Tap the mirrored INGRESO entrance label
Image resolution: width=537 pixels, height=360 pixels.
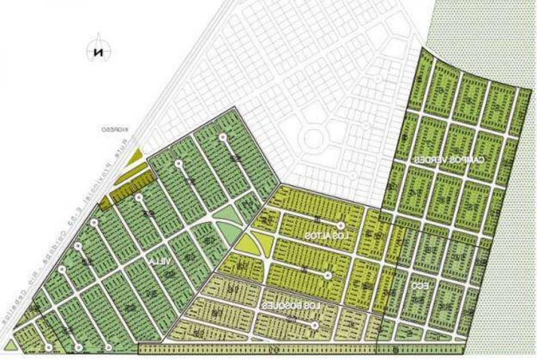115,129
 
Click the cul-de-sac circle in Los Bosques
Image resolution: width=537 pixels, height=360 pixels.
315,326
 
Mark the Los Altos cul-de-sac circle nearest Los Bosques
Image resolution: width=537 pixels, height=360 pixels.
329,276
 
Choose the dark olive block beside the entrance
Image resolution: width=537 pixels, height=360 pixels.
133,189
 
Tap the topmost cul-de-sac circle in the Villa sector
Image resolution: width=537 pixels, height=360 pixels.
222,137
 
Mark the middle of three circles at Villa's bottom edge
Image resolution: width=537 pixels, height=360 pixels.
78,347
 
